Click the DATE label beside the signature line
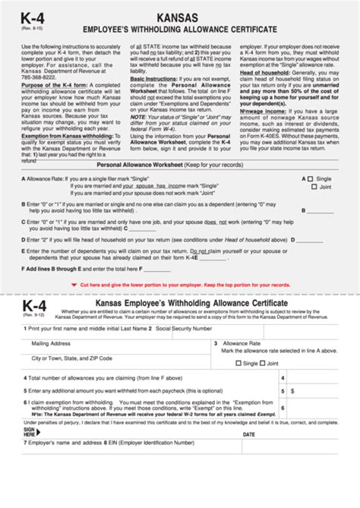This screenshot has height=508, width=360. [248, 434]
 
